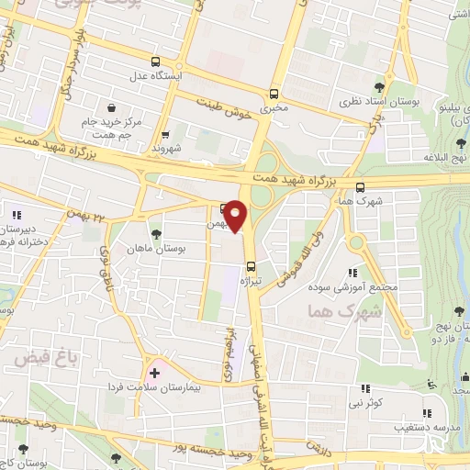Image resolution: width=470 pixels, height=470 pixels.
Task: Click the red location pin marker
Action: click(236, 216)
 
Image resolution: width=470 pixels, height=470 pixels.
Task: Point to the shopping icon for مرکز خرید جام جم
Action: click(112, 107)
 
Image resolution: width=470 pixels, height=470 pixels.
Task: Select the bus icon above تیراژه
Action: click(252, 267)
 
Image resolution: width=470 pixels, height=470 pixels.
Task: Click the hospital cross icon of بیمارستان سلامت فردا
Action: click(153, 373)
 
